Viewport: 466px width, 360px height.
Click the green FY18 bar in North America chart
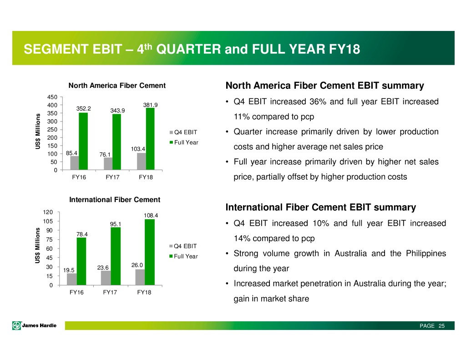[x=150, y=139]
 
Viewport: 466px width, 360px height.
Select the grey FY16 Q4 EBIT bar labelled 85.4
[x=74, y=163]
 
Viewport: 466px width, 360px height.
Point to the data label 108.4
[x=150, y=215]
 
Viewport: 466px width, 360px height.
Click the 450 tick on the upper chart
[x=51, y=97]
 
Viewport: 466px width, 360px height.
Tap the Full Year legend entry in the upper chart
[x=185, y=142]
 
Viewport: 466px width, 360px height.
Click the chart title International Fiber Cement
[x=115, y=199]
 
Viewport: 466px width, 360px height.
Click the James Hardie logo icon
[x=17, y=326]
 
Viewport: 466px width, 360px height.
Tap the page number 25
[x=441, y=326]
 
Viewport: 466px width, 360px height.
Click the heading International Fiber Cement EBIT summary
[x=320, y=208]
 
